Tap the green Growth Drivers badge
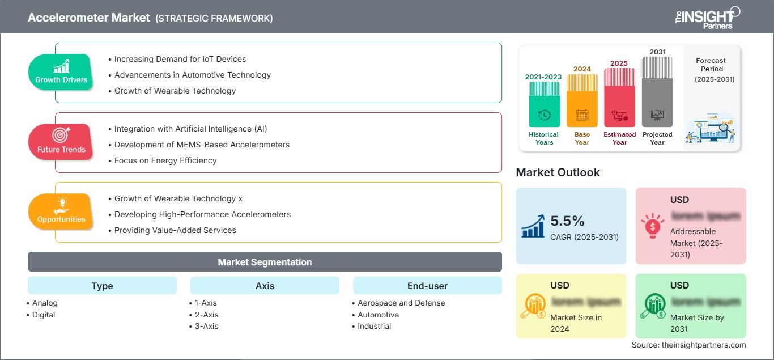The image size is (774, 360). click(x=61, y=72)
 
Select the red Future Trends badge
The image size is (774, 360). click(x=61, y=142)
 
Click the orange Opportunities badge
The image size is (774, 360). click(x=61, y=211)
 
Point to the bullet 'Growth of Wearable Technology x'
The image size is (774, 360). click(x=178, y=198)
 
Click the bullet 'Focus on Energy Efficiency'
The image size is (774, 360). click(x=165, y=160)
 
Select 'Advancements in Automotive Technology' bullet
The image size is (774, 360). click(x=193, y=75)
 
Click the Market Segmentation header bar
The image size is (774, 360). click(x=265, y=262)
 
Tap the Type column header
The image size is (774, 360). click(x=102, y=286)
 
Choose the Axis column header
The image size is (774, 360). click(x=265, y=286)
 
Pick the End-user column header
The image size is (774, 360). click(x=427, y=286)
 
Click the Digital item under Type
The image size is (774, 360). click(x=44, y=315)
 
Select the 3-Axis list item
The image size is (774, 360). click(x=206, y=326)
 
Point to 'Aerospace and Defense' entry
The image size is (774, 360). click(x=401, y=303)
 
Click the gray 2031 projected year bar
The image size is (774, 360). click(x=657, y=94)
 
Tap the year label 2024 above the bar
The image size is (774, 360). click(x=582, y=69)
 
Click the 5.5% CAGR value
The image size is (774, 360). click(x=567, y=221)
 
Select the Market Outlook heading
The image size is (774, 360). click(x=558, y=172)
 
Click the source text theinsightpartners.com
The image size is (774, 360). click(x=688, y=345)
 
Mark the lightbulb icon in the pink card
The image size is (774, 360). click(x=652, y=226)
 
